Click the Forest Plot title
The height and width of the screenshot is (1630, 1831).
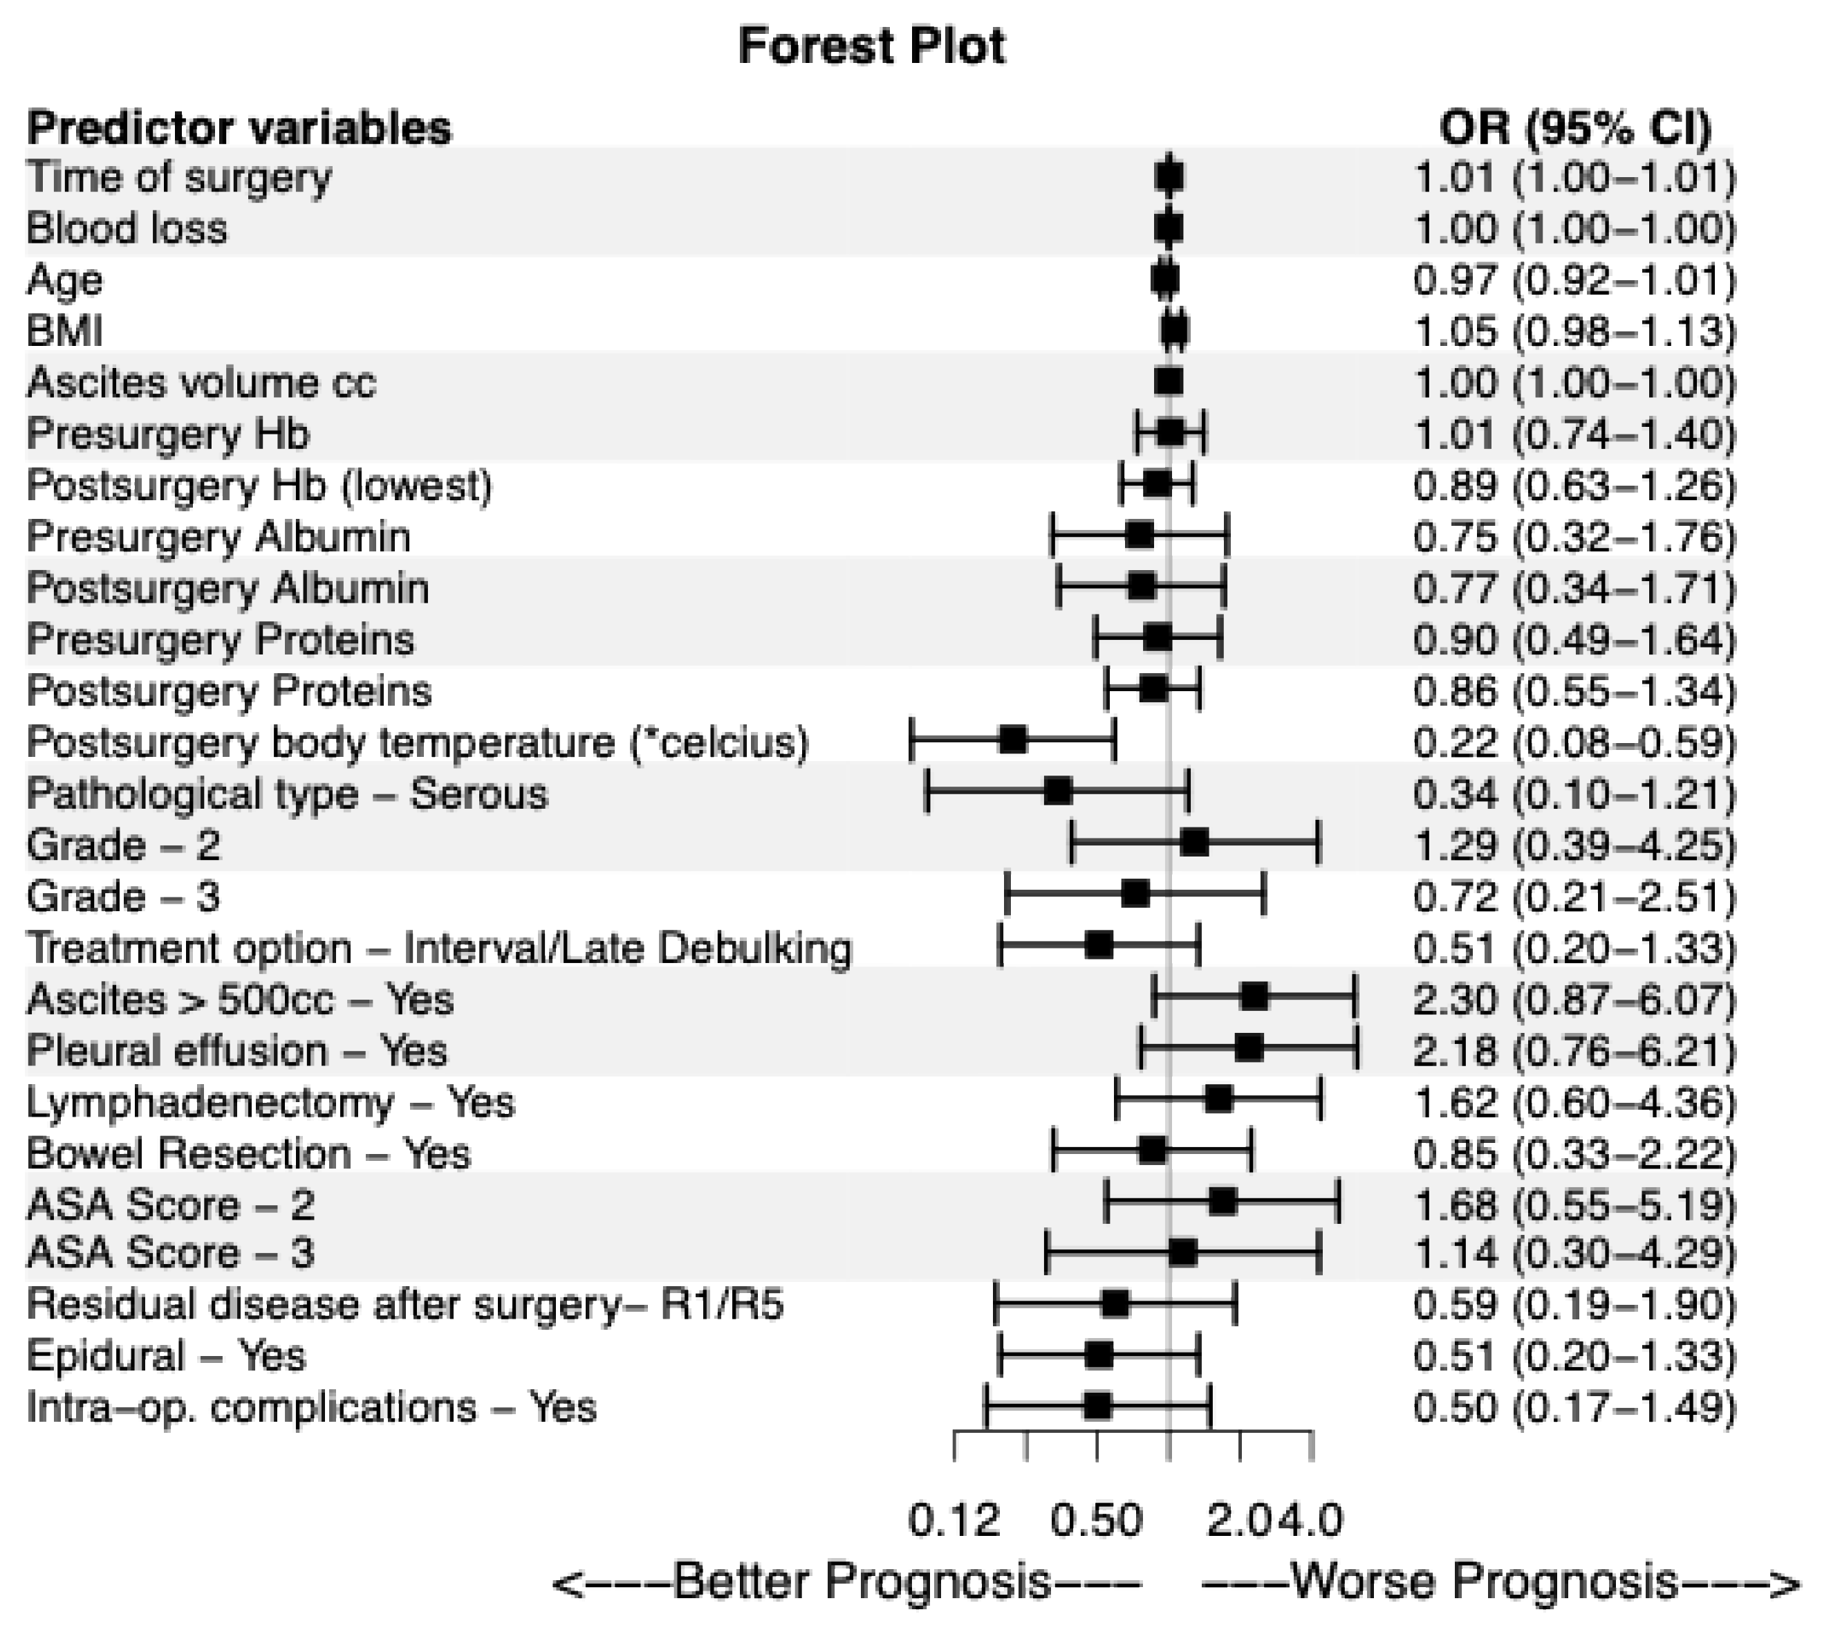pyautogui.click(x=872, y=46)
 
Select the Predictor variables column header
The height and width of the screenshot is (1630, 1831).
pyautogui.click(x=239, y=128)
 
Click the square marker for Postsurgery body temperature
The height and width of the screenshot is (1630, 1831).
pyautogui.click(x=1013, y=740)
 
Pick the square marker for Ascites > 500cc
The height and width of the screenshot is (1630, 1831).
pyautogui.click(x=1255, y=996)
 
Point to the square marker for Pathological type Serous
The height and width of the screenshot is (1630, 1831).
pyautogui.click(x=1058, y=792)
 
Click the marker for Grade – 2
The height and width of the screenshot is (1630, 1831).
pyautogui.click(x=1195, y=843)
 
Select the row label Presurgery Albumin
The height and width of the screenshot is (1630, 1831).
pyautogui.click(x=219, y=538)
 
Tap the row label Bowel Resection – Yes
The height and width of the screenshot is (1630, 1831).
pyautogui.click(x=248, y=1154)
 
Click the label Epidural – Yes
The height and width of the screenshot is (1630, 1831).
pyautogui.click(x=167, y=1356)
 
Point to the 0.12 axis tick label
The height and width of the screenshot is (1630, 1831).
pyautogui.click(x=954, y=1521)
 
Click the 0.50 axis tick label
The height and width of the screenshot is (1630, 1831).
pyautogui.click(x=1097, y=1521)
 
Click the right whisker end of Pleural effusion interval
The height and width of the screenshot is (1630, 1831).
pyautogui.click(x=1358, y=1048)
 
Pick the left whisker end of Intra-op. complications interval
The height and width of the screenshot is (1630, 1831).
pyautogui.click(x=986, y=1406)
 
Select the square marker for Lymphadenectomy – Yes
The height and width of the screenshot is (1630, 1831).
pyautogui.click(x=1218, y=1099)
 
